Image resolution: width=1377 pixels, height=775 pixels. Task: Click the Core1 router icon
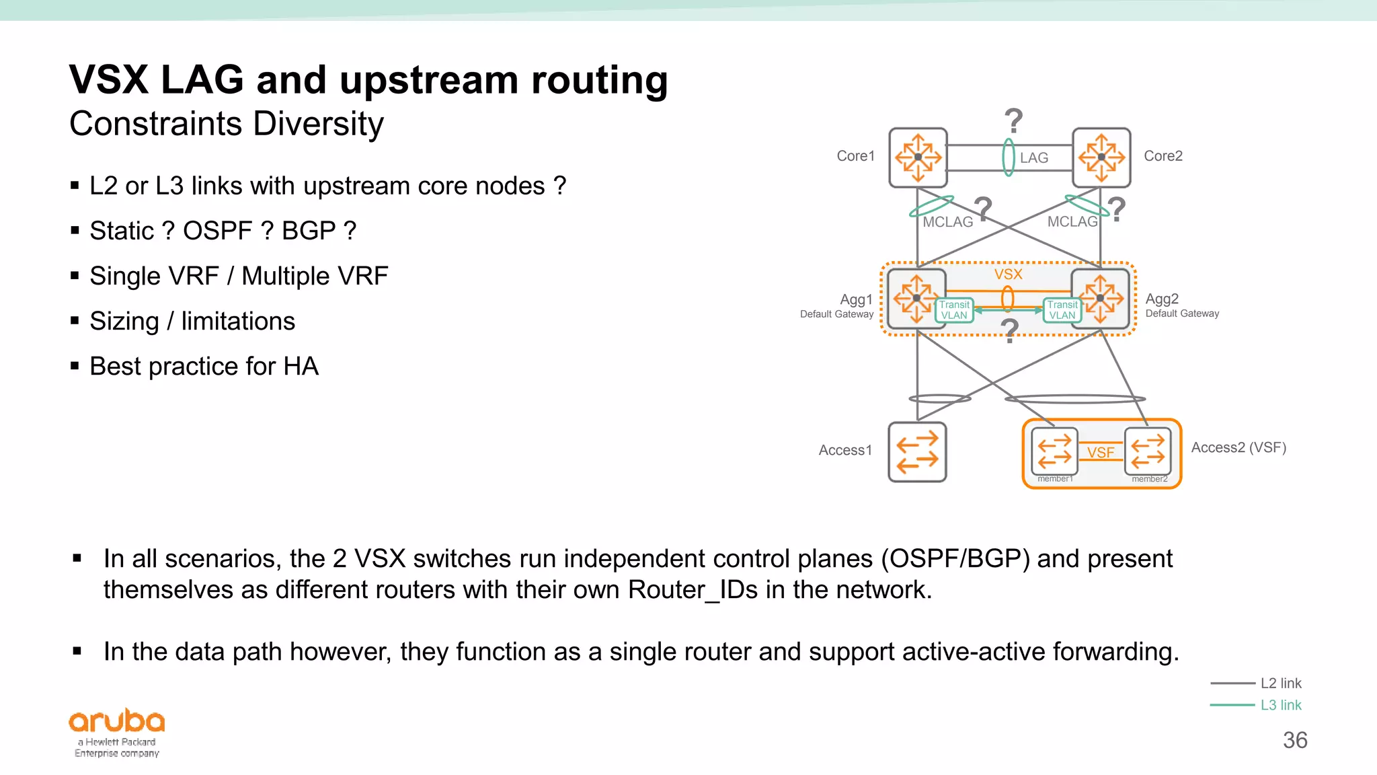click(x=918, y=157)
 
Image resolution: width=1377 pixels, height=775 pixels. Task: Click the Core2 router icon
click(x=1101, y=157)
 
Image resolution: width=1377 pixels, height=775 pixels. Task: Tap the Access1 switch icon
click(x=917, y=451)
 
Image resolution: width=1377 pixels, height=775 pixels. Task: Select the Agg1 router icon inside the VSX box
click(x=915, y=298)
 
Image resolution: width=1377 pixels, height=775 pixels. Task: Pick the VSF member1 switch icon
click(x=1054, y=451)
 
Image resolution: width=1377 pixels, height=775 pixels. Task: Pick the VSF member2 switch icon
click(x=1148, y=451)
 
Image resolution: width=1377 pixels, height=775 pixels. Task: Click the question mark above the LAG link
click(x=1013, y=121)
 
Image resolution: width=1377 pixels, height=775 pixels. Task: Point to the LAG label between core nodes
click(x=1033, y=157)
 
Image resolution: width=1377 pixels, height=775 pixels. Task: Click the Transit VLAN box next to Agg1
click(x=954, y=310)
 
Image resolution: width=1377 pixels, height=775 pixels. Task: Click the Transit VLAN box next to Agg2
click(x=1062, y=310)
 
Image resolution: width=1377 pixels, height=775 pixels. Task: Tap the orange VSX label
click(x=1008, y=274)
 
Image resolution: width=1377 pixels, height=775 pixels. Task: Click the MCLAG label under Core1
click(x=947, y=222)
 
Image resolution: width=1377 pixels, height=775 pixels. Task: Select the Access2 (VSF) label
click(x=1238, y=447)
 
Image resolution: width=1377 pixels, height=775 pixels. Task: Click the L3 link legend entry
click(x=1280, y=705)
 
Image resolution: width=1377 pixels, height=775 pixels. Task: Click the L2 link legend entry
click(x=1280, y=684)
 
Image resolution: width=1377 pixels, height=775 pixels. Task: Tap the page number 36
click(x=1294, y=740)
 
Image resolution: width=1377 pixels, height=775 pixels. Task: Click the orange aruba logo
click(x=117, y=721)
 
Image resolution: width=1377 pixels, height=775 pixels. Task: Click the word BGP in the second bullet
click(x=309, y=231)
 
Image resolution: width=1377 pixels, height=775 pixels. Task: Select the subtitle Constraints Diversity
click(x=227, y=124)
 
